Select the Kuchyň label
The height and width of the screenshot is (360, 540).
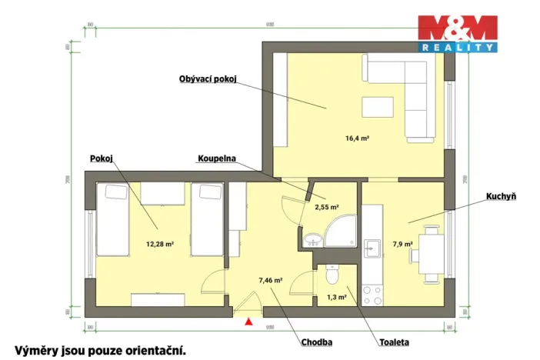click(x=500, y=197)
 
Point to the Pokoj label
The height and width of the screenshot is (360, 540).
click(x=101, y=158)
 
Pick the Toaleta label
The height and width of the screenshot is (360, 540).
click(x=393, y=342)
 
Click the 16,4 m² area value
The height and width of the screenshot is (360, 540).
click(x=358, y=138)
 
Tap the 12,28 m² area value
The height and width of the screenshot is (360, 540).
click(x=159, y=244)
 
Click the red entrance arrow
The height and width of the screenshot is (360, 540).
click(x=248, y=322)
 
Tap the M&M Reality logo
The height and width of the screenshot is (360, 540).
click(x=457, y=34)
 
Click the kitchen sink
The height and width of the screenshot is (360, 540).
click(x=372, y=248)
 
